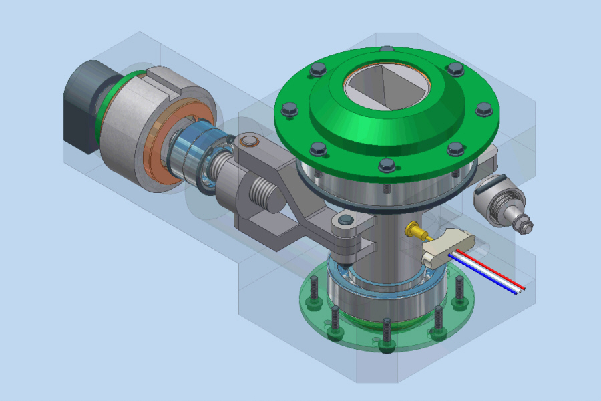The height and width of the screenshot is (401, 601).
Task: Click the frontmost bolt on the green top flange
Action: coord(386,164)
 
